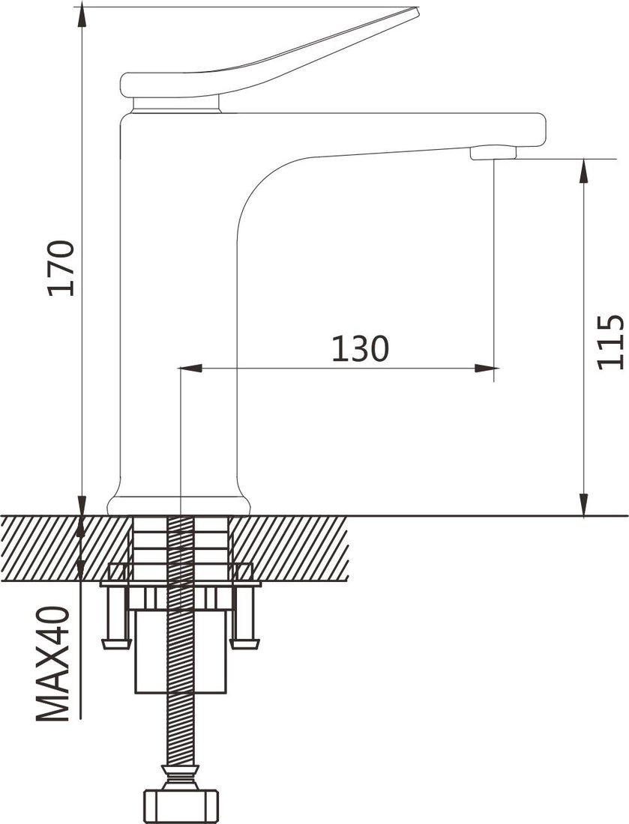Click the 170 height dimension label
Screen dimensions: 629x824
tap(61, 268)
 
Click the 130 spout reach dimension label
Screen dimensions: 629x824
tap(361, 348)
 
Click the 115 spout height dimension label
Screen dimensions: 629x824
tap(610, 342)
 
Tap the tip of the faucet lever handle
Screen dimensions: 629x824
tap(417, 10)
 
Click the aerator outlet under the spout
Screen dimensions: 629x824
tap(493, 153)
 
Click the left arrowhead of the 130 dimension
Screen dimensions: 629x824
tap(190, 369)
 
